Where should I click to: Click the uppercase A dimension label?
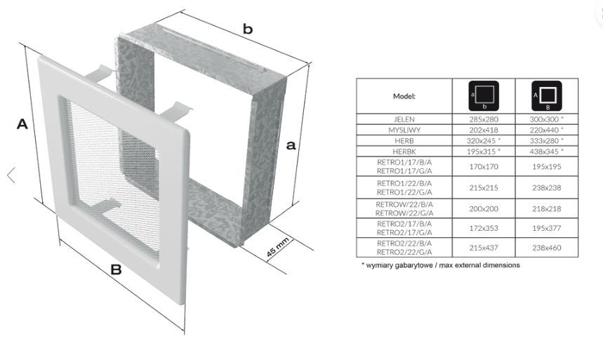22,124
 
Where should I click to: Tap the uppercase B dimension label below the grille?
116,269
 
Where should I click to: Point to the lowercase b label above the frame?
248,29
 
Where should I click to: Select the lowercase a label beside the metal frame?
291,145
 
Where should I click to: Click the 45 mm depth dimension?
278,247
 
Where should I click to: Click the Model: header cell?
404,96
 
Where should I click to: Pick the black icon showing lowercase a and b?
484,95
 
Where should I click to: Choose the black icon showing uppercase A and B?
546,95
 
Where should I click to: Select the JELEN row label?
404,119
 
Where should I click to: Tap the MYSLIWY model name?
404,130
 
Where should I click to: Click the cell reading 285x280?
484,119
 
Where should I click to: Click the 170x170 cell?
484,166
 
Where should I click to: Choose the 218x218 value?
546,209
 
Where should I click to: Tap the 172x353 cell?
484,228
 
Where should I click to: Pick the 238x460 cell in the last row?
546,248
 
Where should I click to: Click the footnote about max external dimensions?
441,265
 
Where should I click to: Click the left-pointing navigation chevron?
11,175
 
